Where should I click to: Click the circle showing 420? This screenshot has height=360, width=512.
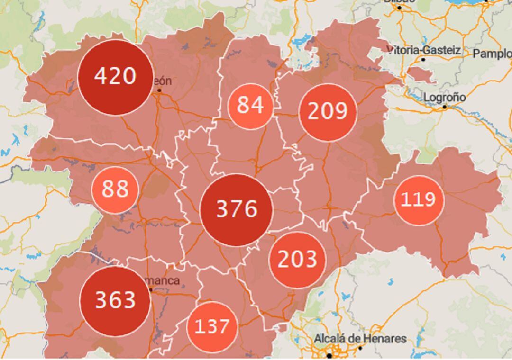pyautogui.click(x=115, y=77)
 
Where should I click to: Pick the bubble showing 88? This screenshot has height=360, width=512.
pyautogui.click(x=115, y=189)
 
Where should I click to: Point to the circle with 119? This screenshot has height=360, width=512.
pyautogui.click(x=418, y=200)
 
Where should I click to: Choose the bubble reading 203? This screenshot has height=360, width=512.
pyautogui.click(x=297, y=260)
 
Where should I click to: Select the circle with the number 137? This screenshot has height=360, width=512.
pyautogui.click(x=212, y=327)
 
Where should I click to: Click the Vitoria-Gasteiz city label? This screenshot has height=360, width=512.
pyautogui.click(x=424, y=50)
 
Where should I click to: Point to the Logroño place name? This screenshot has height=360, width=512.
pyautogui.click(x=444, y=98)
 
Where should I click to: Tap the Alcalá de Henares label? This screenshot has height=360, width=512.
pyautogui.click(x=360, y=339)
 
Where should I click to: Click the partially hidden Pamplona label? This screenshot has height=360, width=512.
pyautogui.click(x=492, y=54)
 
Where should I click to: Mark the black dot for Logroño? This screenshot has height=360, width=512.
pyautogui.click(x=445, y=107)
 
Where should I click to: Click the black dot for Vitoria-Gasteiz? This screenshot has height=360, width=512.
pyautogui.click(x=423, y=59)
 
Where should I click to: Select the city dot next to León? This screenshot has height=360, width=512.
pyautogui.click(x=159, y=90)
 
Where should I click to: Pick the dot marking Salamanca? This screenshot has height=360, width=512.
pyautogui.click(x=151, y=289)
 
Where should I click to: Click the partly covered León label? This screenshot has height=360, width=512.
pyautogui.click(x=163, y=81)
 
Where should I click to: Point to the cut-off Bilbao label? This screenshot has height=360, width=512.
pyautogui.click(x=399, y=1)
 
